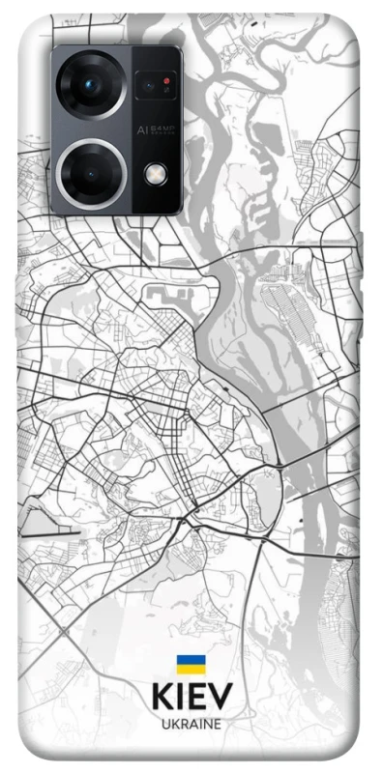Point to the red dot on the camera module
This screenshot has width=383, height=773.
[166, 81]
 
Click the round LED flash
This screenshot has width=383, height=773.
[155, 173]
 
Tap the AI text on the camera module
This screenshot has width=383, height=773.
[141, 128]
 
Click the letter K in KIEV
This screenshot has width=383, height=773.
[161, 698]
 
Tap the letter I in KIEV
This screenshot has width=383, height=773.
[179, 698]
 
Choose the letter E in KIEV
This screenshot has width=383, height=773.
[195, 698]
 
